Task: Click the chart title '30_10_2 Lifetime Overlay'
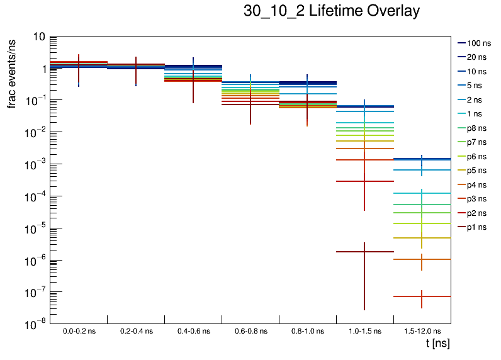pos(331,11)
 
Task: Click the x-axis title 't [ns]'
pos(437,344)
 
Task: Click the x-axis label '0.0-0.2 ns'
pos(79,331)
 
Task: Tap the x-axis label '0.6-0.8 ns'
pos(250,331)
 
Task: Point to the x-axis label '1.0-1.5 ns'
pos(364,331)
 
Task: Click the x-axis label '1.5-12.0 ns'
pos(422,331)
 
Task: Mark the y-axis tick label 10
pos(38,37)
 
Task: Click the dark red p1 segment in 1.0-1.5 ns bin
pos(352,252)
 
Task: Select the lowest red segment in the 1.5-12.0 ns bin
pos(409,296)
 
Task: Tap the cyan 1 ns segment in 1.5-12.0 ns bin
pos(409,193)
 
